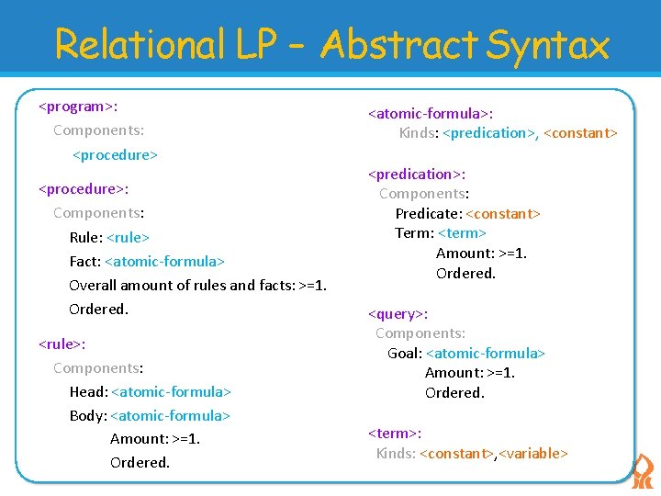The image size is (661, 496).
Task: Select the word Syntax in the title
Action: pos(548,45)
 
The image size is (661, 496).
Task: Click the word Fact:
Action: pos(85,261)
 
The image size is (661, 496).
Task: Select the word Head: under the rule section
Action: pos(88,391)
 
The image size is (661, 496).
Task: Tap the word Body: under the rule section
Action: pos(88,415)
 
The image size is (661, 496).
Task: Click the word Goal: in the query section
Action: pos(405,353)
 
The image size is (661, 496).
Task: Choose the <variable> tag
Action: pos(533,453)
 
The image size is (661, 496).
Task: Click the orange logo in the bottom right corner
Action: pos(644,470)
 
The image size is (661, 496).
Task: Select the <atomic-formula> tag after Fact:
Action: pos(165,261)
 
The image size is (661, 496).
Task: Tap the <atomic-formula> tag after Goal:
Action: pos(487,353)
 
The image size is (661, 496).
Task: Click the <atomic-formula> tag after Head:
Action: pos(171,391)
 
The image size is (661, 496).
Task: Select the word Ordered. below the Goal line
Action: pos(454,392)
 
